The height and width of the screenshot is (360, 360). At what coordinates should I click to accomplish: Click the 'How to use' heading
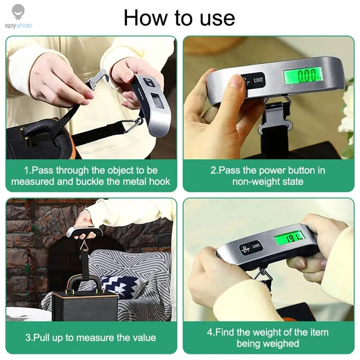tap(179, 18)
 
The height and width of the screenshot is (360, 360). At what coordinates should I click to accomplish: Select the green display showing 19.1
tap(289, 238)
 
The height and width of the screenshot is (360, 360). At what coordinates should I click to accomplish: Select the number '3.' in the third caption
tap(29, 337)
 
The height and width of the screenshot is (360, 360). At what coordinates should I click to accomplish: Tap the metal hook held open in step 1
tap(97, 79)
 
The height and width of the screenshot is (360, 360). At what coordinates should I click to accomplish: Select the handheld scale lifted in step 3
tap(84, 232)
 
